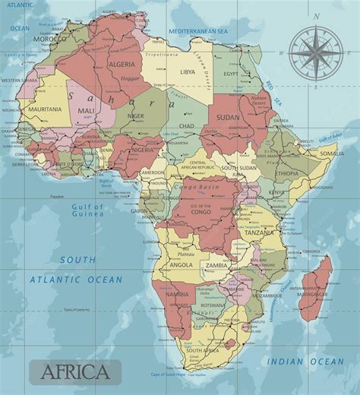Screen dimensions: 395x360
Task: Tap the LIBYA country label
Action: (x=187, y=71)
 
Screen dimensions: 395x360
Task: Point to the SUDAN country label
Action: (x=227, y=118)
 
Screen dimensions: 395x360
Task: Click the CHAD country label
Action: (x=186, y=125)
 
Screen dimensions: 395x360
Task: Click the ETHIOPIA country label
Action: (x=286, y=173)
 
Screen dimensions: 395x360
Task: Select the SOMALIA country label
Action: (x=331, y=153)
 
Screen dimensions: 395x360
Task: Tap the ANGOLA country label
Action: (x=181, y=265)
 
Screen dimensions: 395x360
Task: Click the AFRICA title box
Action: (x=74, y=371)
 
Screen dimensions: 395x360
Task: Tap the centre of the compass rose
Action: (x=315, y=51)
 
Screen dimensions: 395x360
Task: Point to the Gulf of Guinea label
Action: (x=88, y=210)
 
